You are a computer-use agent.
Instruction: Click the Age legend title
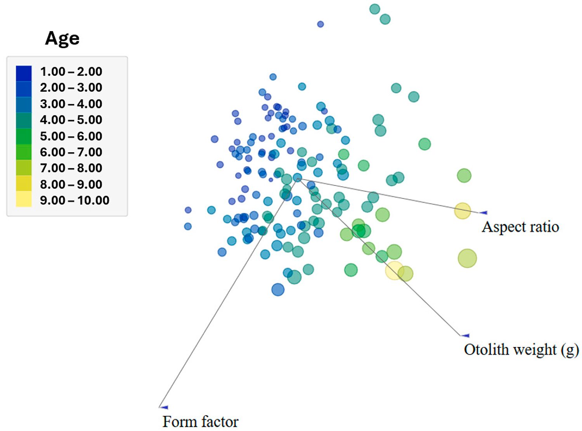pos(62,38)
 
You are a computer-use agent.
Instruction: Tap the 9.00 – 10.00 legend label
pos(74,200)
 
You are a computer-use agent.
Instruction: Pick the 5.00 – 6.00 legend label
pos(71,136)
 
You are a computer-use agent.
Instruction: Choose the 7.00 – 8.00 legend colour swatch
pos(24,168)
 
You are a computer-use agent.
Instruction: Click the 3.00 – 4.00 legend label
pos(71,104)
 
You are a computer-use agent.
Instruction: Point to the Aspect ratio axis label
pos(520,227)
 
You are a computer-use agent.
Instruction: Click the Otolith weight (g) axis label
pos(521,349)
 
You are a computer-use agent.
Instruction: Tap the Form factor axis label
pos(200,422)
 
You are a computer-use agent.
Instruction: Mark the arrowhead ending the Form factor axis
pos(164,407)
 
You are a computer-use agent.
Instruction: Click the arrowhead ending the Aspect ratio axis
pos(483,212)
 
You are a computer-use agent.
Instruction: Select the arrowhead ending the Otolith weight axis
pos(465,335)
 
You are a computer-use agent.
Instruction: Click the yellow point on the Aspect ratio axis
pos(462,211)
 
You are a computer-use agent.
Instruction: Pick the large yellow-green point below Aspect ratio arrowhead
pos(467,258)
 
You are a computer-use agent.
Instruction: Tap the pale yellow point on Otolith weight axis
pos(394,270)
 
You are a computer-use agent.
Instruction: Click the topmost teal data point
pos(374,9)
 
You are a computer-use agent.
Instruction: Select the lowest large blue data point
pos(278,290)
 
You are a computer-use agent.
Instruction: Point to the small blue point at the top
pos(320,24)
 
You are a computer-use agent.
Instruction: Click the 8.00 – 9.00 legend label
pos(71,184)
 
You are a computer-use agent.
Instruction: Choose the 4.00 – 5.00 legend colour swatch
pos(24,120)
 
